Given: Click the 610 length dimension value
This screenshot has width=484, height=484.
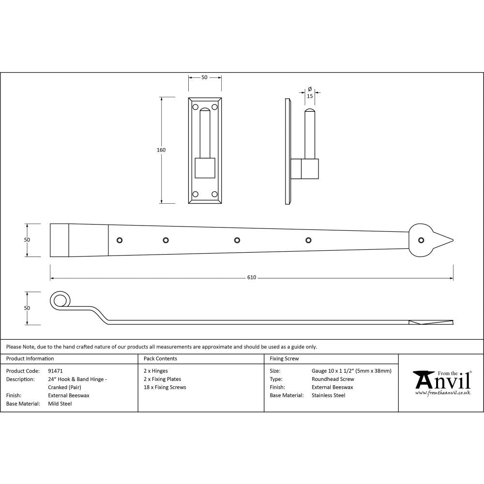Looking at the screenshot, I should (x=252, y=278).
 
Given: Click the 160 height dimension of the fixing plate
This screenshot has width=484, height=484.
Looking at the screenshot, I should (x=161, y=150).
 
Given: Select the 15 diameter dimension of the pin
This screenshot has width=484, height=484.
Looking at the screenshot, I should (x=310, y=96).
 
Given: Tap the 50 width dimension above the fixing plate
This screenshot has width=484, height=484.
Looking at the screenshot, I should (x=204, y=77).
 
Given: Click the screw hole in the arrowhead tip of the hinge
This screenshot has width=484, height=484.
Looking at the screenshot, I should (x=421, y=240).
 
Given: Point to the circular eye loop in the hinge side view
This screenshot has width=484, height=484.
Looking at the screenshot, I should (x=60, y=300).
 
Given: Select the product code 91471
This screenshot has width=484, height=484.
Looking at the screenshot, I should (x=56, y=371).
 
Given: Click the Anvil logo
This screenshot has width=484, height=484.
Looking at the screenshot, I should (x=441, y=381).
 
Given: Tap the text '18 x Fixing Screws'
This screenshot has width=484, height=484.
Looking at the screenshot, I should (x=165, y=387).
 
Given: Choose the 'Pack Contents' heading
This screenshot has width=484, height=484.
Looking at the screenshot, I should (x=160, y=359).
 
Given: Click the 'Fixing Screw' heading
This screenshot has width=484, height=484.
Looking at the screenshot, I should (x=284, y=359).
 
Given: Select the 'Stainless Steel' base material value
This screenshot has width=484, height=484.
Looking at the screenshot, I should (x=329, y=395).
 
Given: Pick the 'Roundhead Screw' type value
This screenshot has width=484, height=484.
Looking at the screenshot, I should (x=333, y=379).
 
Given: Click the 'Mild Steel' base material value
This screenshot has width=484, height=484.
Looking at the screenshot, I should (x=60, y=404).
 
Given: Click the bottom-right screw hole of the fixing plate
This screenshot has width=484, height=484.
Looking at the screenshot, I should (x=214, y=194).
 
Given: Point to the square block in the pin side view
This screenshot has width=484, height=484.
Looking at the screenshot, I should (x=310, y=168).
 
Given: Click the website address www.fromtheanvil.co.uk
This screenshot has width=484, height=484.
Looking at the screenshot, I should (x=442, y=393).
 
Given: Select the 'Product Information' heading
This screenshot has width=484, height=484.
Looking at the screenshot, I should (x=30, y=359).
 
